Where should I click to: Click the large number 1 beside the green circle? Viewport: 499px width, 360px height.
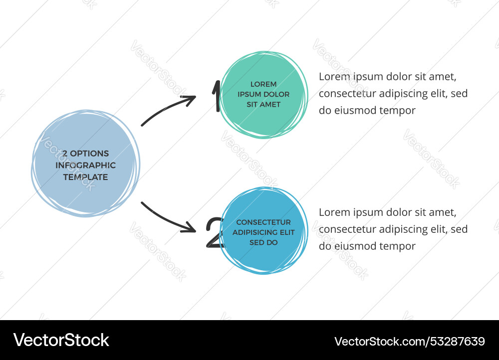(217, 96)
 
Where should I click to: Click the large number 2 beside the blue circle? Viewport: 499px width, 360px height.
(215, 232)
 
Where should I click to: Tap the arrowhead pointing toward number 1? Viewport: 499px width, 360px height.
(189, 100)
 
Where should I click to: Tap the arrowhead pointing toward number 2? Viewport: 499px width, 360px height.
(189, 227)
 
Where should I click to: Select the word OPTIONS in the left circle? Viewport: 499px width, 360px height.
(89, 153)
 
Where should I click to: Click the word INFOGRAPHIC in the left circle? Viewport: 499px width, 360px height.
(86, 165)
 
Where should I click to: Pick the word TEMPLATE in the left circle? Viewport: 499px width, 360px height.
(86, 177)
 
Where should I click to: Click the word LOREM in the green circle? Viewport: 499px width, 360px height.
(263, 84)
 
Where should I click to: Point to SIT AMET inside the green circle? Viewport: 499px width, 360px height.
(263, 104)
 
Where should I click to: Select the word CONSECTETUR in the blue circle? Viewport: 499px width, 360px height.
(263, 222)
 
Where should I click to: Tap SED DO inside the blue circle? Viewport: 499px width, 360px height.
(263, 242)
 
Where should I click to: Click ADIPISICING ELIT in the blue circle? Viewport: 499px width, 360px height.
(263, 232)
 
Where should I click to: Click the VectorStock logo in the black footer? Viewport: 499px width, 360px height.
(61, 340)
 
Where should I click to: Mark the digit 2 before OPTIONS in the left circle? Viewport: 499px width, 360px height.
(65, 153)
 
